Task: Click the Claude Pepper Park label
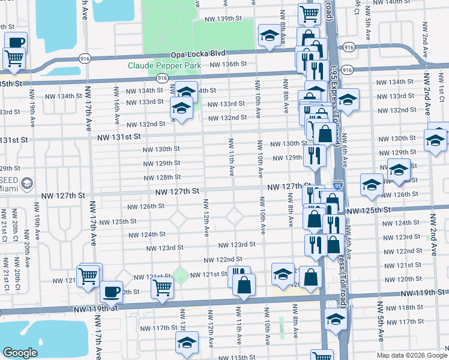163,65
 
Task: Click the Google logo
20,353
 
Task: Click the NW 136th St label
229,64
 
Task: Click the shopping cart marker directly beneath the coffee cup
14,58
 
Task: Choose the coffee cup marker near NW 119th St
111,291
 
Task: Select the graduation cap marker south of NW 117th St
187,343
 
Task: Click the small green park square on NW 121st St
181,276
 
